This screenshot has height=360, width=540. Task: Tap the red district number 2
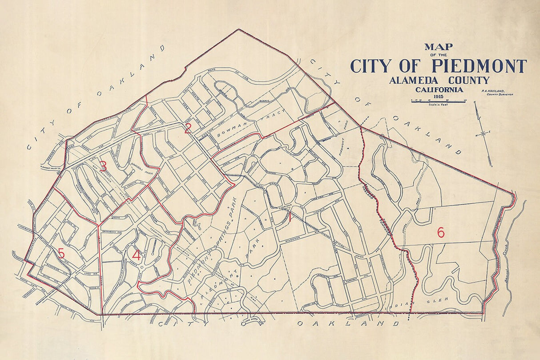click(188, 129)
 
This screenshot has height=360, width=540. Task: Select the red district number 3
click(103, 166)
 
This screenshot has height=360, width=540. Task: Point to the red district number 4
click(136, 255)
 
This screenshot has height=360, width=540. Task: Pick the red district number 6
click(440, 232)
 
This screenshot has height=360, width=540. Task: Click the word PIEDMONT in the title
click(479, 66)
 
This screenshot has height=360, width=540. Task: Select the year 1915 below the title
click(438, 96)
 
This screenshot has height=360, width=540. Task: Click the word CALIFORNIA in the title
click(439, 89)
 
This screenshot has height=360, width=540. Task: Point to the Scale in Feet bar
click(438, 102)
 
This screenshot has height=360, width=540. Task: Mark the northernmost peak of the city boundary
click(238, 30)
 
